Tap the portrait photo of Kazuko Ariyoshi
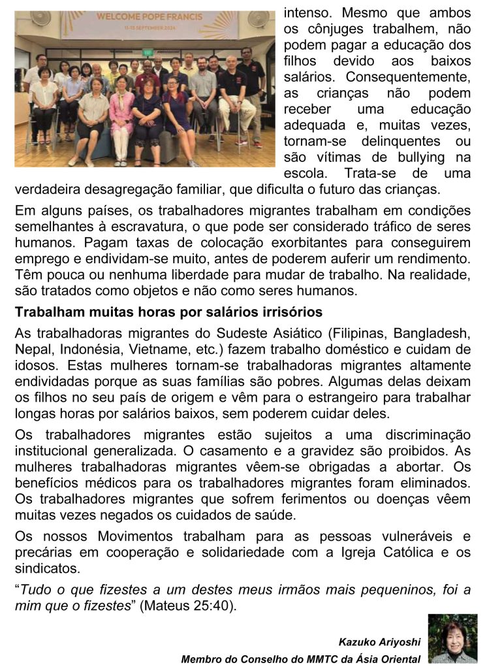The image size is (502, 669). (x=452, y=638)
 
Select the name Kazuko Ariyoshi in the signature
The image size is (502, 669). (x=379, y=642)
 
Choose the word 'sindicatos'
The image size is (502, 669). (x=42, y=568)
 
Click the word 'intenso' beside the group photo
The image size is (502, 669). (x=307, y=13)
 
